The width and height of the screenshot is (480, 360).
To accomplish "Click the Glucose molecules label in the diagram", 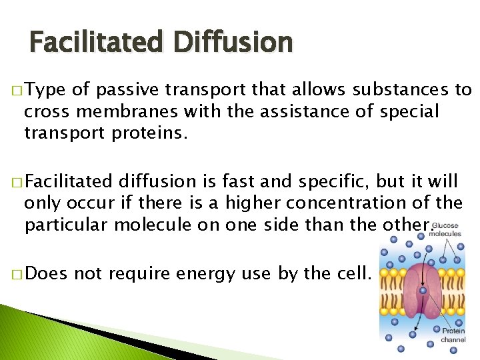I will (x=445, y=229).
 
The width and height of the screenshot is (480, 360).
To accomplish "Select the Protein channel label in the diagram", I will (x=454, y=335).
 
